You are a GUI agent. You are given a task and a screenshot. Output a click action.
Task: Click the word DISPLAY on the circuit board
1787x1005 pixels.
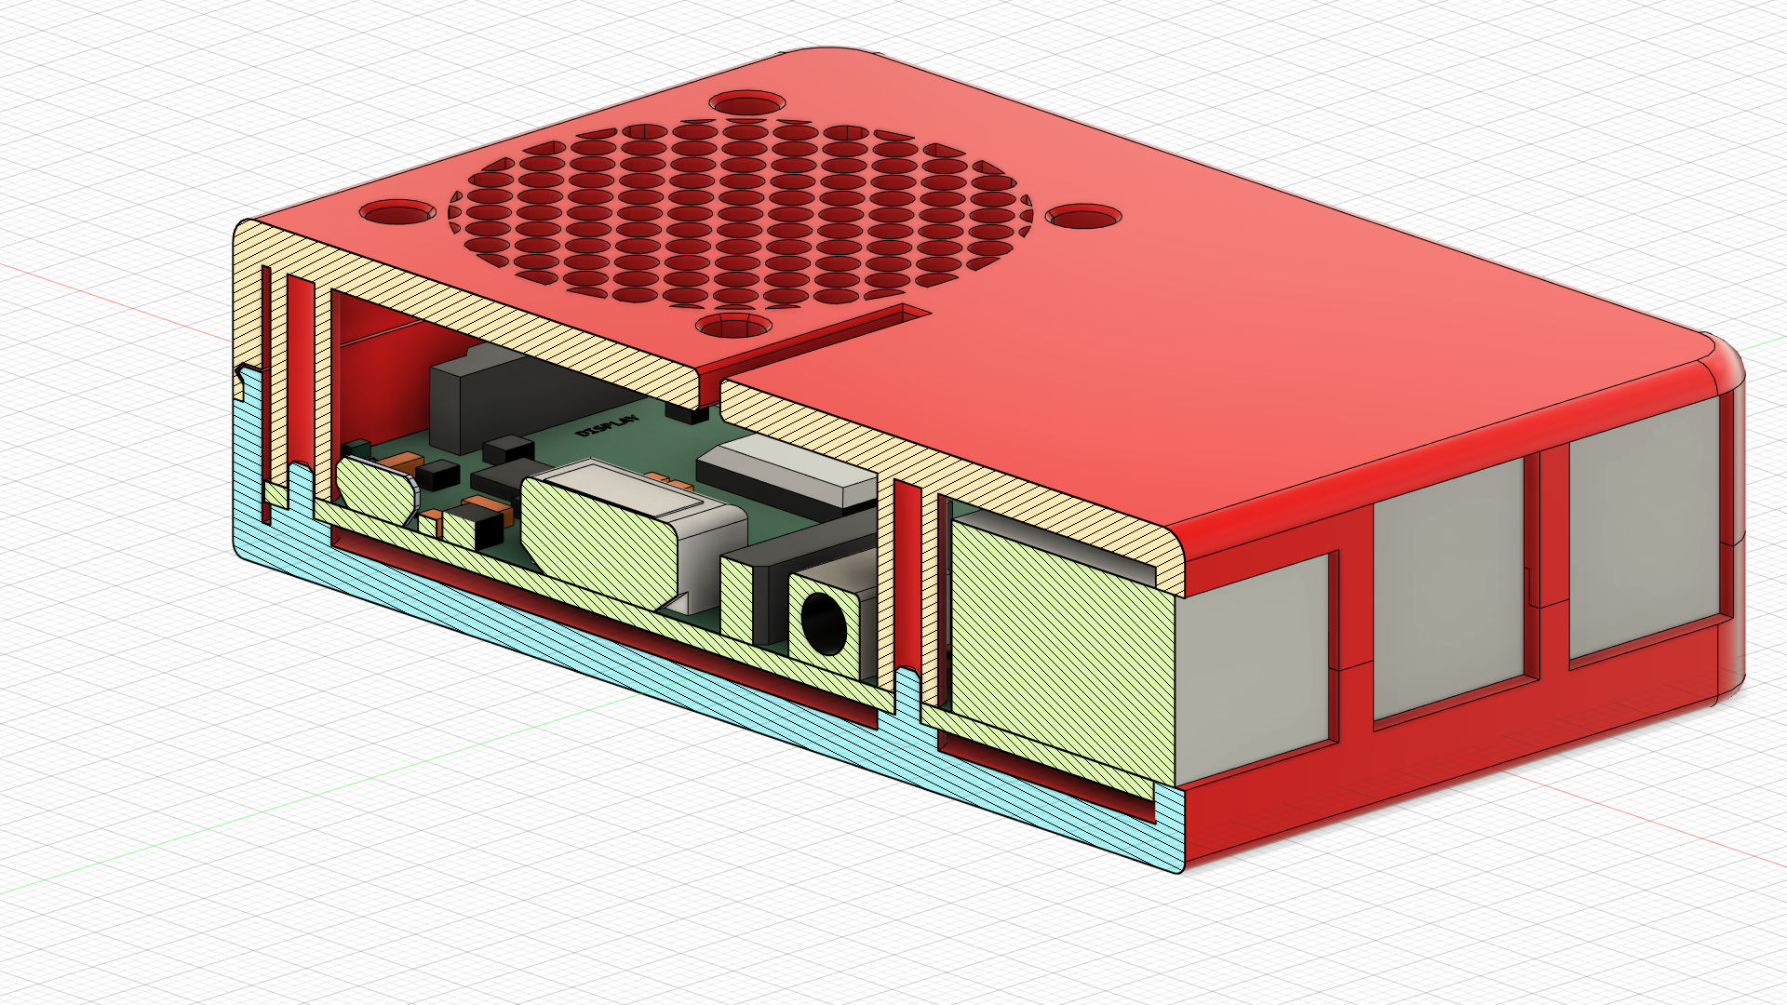pyautogui.click(x=608, y=426)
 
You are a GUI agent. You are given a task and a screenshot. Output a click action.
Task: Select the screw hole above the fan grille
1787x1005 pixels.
pyautogui.click(x=746, y=102)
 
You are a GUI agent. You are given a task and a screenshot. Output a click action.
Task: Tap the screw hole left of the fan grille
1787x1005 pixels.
pyautogui.click(x=397, y=213)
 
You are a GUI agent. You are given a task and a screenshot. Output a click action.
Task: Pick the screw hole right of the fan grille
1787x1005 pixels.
pyautogui.click(x=1083, y=218)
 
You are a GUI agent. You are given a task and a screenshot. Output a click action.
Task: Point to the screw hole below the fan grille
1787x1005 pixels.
pyautogui.click(x=734, y=327)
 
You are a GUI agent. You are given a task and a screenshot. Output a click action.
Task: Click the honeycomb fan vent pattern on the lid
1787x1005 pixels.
pyautogui.click(x=740, y=214)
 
